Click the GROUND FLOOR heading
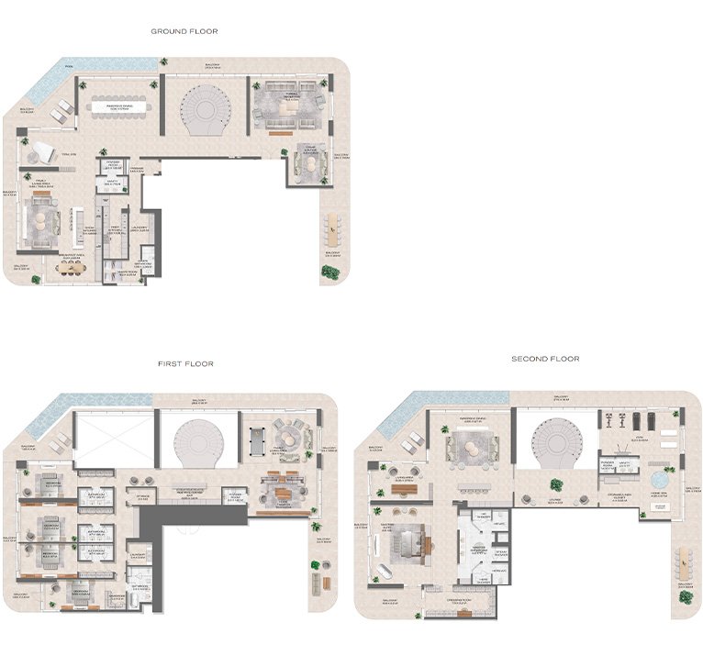[x=184, y=31]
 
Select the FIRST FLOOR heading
[x=185, y=364]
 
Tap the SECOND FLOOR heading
[x=545, y=359]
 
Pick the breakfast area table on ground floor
[x=70, y=268]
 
